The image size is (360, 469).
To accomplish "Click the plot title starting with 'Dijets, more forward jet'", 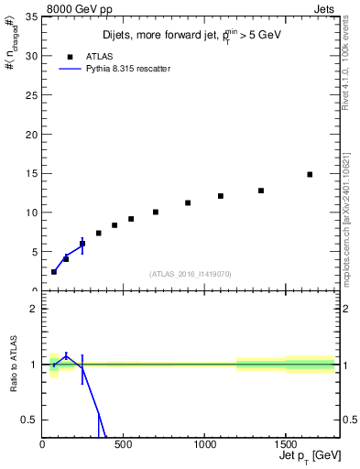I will click(x=191, y=37).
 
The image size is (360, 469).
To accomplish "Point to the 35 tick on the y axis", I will click(x=32, y=16).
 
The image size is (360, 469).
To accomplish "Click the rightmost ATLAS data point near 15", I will click(x=310, y=174).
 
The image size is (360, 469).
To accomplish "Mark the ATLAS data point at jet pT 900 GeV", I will click(x=188, y=203).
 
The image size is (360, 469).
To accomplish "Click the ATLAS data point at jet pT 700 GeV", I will click(x=156, y=212).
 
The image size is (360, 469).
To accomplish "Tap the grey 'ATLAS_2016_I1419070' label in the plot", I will click(x=191, y=273).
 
